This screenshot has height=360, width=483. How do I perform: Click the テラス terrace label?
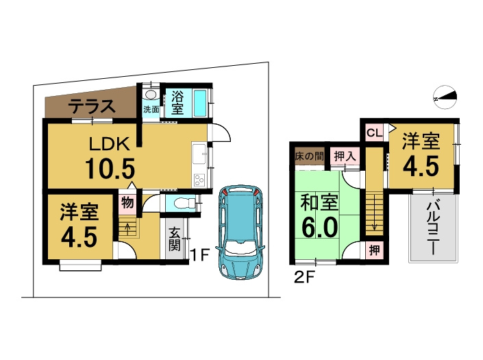(92, 107)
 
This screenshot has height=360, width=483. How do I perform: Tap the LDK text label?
(110, 144)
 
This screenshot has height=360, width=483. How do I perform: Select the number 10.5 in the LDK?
(110, 168)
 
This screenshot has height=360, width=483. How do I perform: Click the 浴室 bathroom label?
(177, 103)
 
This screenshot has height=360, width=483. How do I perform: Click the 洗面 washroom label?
(151, 110)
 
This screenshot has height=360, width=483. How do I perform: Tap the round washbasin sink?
(151, 95)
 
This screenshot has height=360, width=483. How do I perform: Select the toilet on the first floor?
(184, 203)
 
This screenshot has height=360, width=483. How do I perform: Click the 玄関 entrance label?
(174, 239)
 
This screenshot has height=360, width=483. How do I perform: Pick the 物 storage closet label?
(127, 203)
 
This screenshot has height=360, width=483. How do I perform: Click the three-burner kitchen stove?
(199, 180)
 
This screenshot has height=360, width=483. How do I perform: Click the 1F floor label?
(200, 256)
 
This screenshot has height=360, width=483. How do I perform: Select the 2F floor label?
(304, 278)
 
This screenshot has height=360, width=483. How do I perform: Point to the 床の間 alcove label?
(309, 156)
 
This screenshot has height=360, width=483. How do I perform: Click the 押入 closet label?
(345, 156)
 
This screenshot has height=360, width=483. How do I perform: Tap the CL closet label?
(375, 133)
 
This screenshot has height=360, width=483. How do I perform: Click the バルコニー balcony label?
(433, 228)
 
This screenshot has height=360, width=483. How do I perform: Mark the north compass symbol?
(445, 97)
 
